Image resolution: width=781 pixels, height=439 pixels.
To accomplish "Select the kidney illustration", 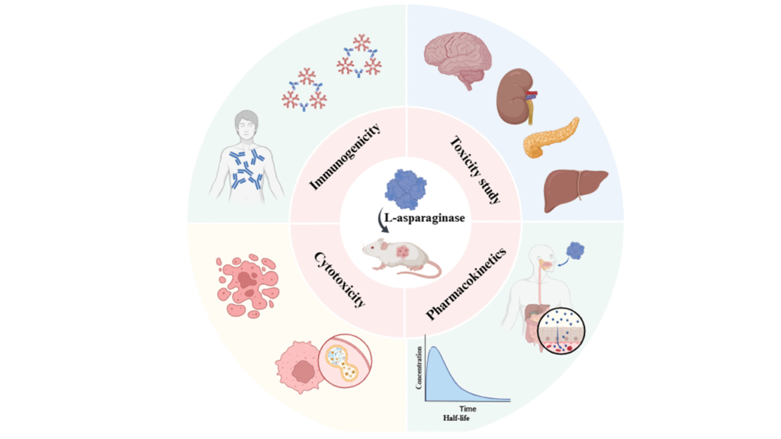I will tap(514, 98).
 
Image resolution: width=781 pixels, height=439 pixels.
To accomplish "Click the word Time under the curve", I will tap(468, 409).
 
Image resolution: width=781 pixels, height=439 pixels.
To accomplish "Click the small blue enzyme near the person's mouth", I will tap(577, 251).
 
